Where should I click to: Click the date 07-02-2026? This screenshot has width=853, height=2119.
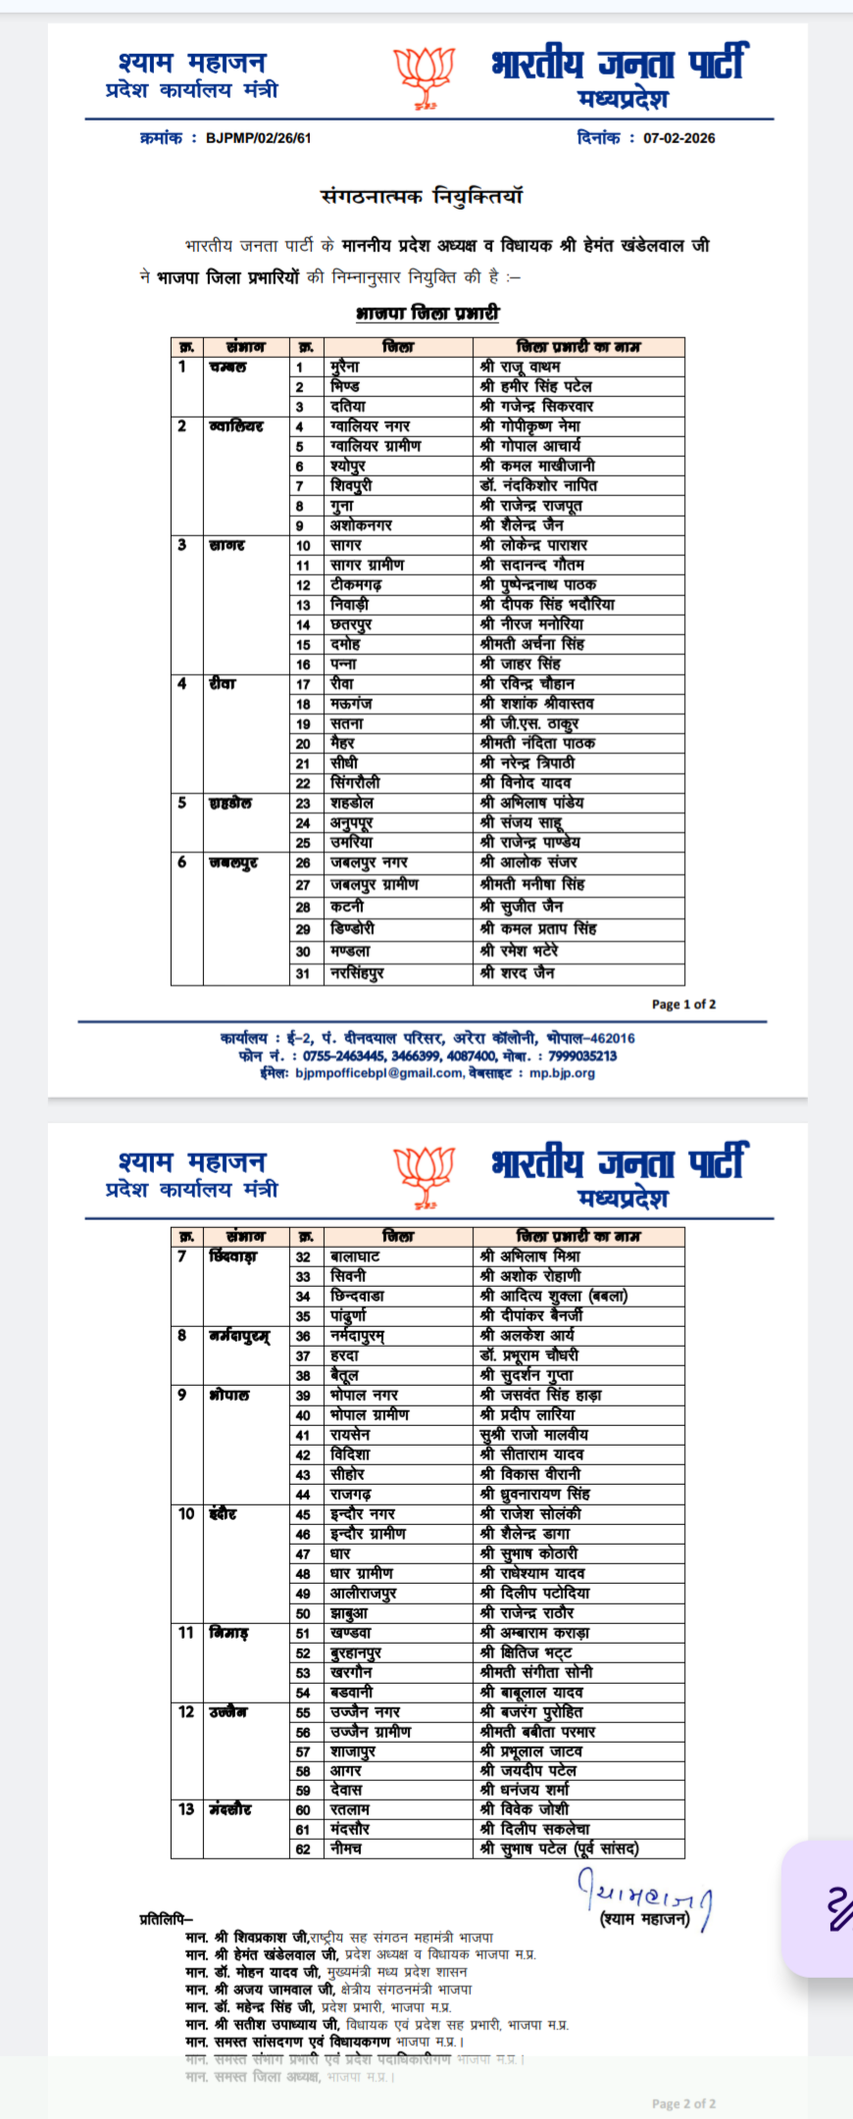(678, 138)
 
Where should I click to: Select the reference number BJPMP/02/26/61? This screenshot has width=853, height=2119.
(259, 138)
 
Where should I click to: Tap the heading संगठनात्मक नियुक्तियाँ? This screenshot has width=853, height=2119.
(423, 196)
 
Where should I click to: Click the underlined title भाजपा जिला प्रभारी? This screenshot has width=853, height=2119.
(427, 313)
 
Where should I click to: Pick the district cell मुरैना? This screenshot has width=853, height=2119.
(345, 367)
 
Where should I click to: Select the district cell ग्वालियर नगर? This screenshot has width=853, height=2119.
(371, 426)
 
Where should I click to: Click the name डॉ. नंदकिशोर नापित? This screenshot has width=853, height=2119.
(538, 485)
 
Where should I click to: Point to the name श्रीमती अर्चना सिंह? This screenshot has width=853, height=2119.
(532, 644)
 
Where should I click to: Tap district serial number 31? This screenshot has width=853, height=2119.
(304, 973)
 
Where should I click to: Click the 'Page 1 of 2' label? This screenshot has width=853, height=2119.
(683, 1004)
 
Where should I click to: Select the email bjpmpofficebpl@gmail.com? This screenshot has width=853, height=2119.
(378, 1073)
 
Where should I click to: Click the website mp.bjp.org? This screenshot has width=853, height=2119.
(562, 1073)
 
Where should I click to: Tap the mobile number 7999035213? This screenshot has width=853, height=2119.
(582, 1056)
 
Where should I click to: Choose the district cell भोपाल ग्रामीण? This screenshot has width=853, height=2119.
(370, 1414)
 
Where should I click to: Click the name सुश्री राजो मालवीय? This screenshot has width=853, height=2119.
(534, 1434)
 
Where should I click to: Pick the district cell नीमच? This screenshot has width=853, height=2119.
(346, 1848)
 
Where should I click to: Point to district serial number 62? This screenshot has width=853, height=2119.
(304, 1848)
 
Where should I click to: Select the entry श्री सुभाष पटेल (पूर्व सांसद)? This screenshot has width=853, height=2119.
(559, 1848)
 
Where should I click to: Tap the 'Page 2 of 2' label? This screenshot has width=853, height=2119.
(683, 2103)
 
